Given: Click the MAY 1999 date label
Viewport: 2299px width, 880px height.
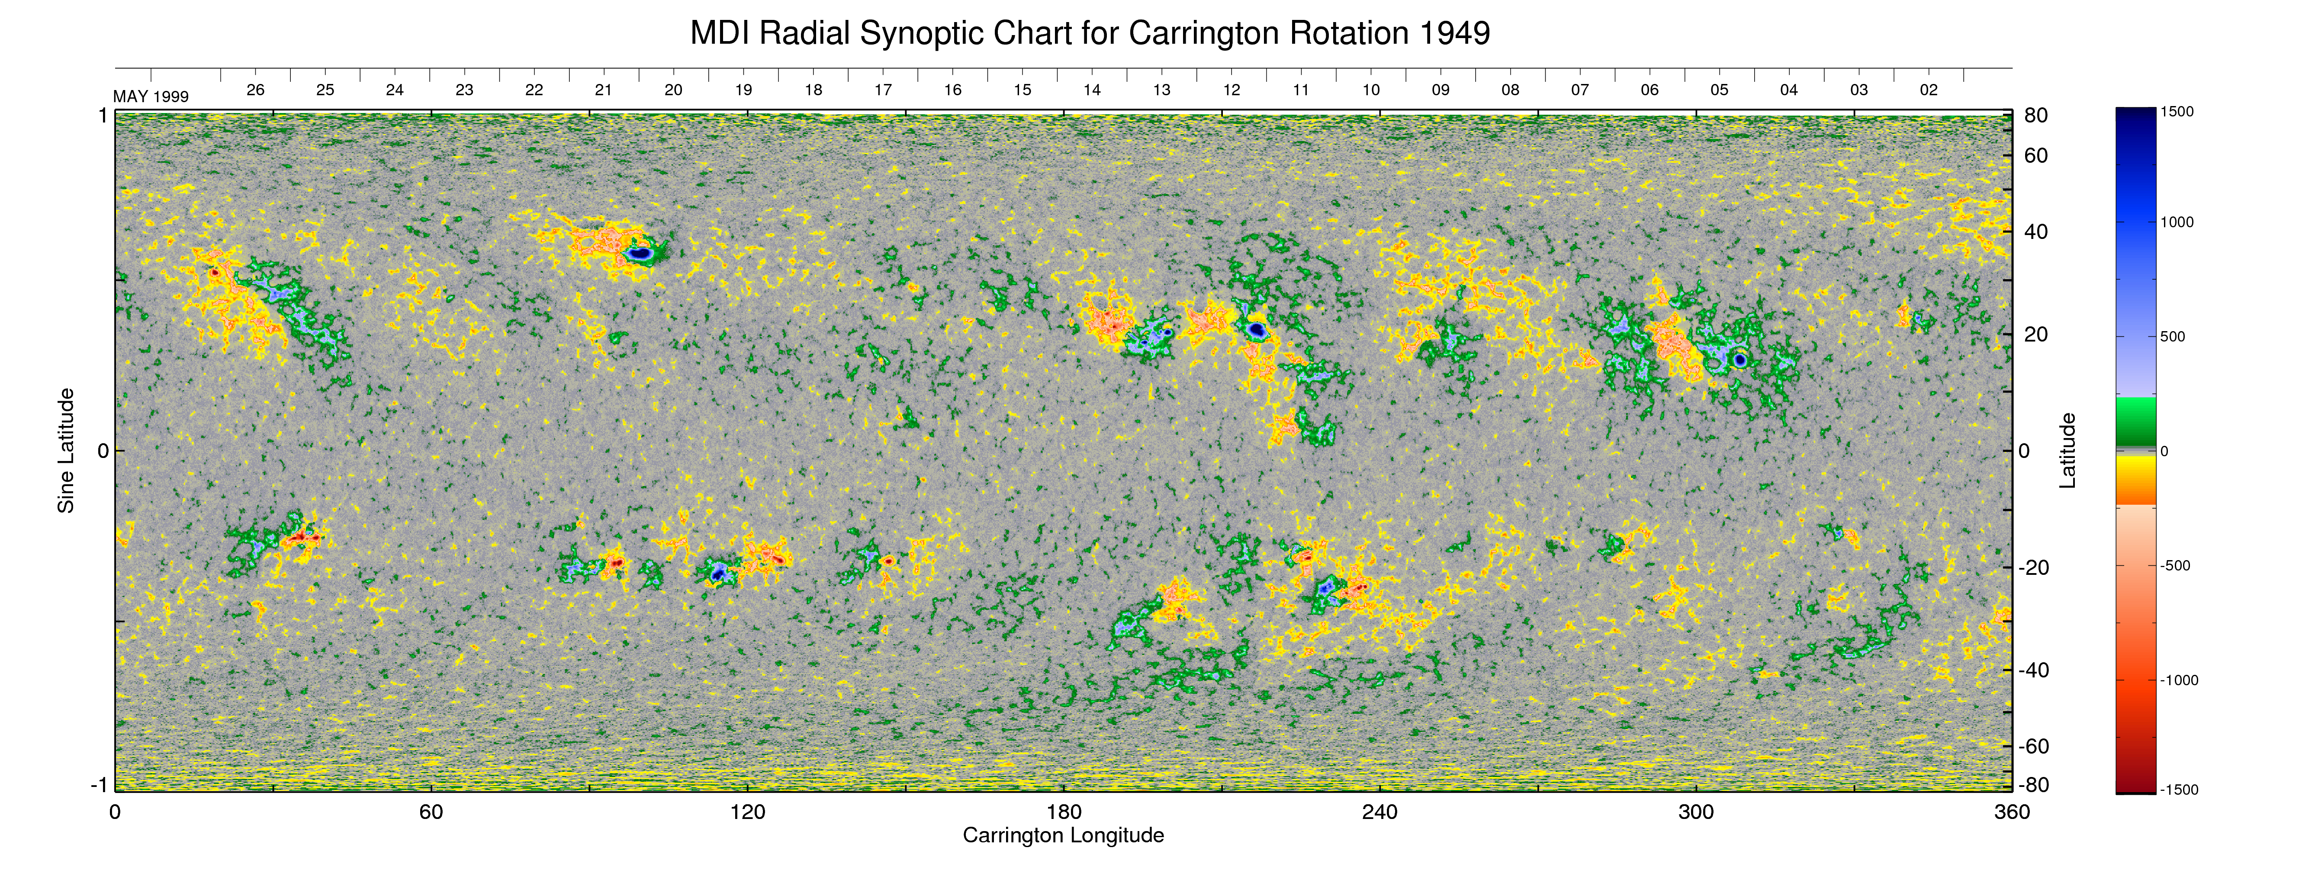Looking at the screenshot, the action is pos(151,97).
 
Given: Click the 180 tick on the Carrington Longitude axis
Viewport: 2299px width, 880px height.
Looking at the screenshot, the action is pos(1064,812).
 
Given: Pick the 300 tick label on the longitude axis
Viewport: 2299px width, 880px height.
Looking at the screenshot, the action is pos(1696,812).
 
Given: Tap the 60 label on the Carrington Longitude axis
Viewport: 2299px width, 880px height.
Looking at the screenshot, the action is pos(431,812).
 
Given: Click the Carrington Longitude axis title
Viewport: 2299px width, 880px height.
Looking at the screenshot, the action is pos(1063,835).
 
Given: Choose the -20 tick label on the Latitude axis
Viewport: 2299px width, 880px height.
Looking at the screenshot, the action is pos(2033,567).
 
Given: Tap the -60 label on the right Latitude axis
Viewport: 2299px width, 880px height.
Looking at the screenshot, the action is pos(2033,746).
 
